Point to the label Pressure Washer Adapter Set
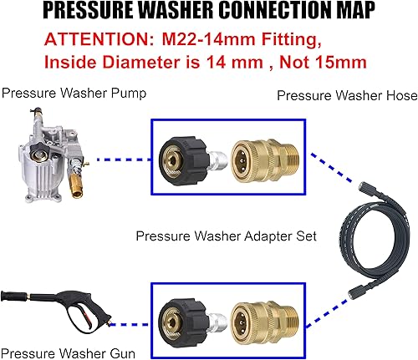coord(226,236)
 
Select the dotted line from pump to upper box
coord(121,158)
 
